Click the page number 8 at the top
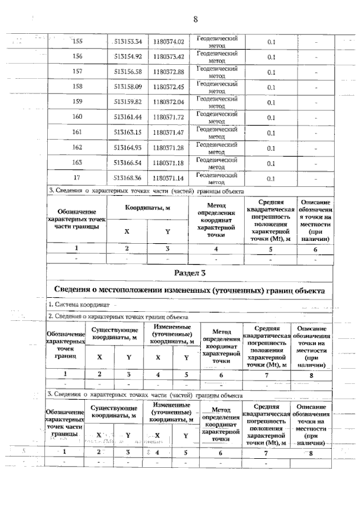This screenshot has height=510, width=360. click(x=195, y=20)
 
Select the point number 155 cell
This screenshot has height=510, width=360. click(x=78, y=41)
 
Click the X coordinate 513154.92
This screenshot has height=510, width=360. click(x=128, y=57)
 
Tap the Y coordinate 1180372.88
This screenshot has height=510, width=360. click(x=168, y=72)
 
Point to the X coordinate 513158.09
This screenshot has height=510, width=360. click(x=128, y=87)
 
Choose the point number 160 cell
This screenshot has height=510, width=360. click(x=78, y=118)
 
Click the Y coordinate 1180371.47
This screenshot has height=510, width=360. click(x=168, y=133)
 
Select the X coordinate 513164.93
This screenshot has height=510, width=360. click(x=128, y=148)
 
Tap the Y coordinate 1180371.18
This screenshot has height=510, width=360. click(x=168, y=163)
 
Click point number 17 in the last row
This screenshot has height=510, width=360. click(x=78, y=178)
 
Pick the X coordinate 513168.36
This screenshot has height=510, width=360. click(x=128, y=178)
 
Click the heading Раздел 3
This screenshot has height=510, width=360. click(x=190, y=273)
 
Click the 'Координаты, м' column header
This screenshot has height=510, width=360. click(x=148, y=207)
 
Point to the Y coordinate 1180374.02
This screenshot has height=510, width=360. click(x=168, y=41)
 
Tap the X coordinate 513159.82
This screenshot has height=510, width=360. click(x=128, y=102)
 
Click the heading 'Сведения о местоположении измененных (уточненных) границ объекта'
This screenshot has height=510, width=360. click(x=189, y=290)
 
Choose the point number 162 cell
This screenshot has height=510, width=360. click(x=78, y=148)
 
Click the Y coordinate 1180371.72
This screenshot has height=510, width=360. click(x=168, y=118)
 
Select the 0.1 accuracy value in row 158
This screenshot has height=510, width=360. click(x=271, y=87)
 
